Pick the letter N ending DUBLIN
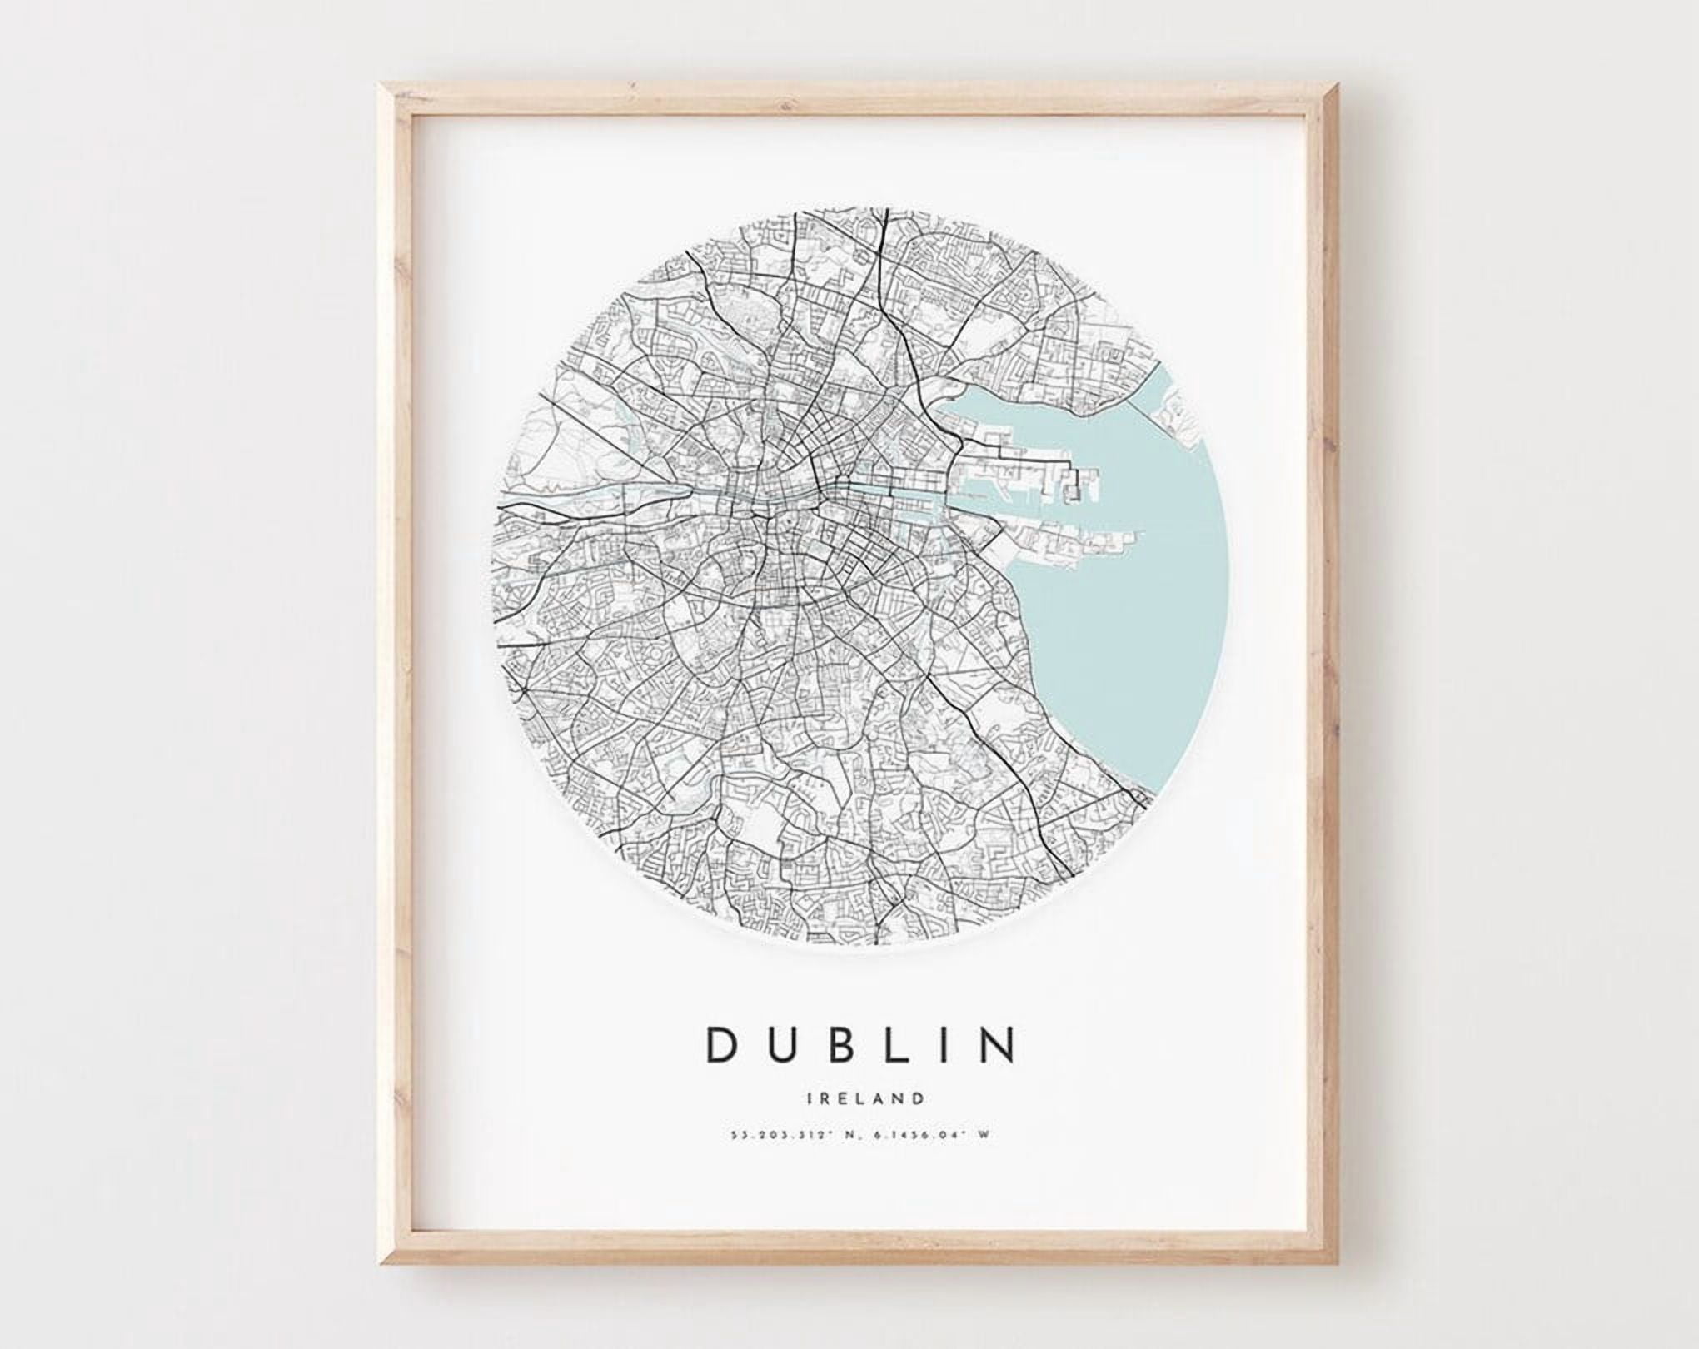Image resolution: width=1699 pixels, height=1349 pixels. (x=999, y=1044)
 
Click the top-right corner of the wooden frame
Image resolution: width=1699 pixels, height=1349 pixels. (x=1334, y=86)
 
